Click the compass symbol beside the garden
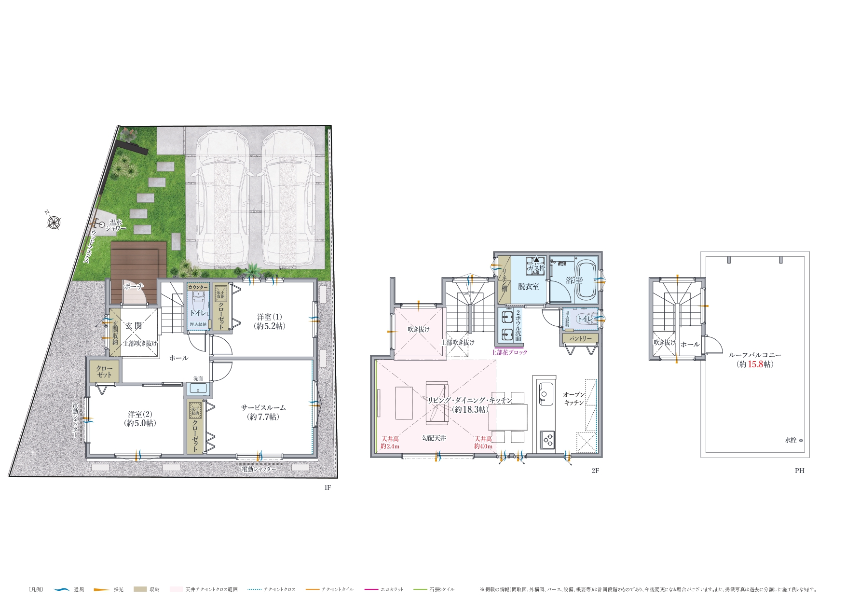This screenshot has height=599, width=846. click(x=54, y=223)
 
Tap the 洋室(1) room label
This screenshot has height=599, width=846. click(x=269, y=321)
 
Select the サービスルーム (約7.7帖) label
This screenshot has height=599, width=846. click(x=263, y=412)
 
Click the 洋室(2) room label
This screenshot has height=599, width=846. click(x=140, y=418)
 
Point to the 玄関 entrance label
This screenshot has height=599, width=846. click(x=134, y=326)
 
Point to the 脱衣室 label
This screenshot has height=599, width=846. click(x=528, y=287)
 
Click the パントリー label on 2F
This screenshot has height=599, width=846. click(x=580, y=339)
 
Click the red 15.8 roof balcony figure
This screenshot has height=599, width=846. click(x=755, y=364)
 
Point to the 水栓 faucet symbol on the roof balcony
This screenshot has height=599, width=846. click(x=801, y=440)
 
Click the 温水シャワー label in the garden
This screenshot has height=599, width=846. click(x=117, y=225)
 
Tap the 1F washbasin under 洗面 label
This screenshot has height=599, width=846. click(x=198, y=389)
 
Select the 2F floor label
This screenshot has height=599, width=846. click(x=595, y=471)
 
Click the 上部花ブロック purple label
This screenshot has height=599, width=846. click(x=509, y=352)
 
